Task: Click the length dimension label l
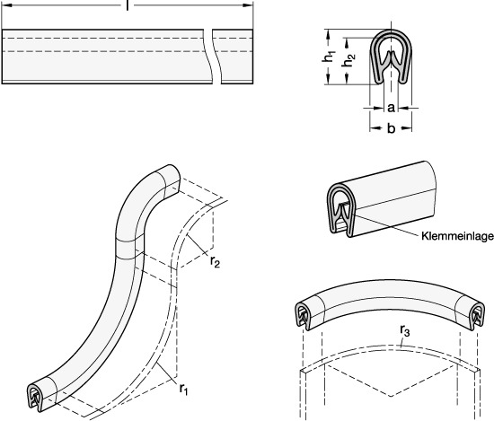(x=128, y=5)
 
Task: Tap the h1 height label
(x=328, y=57)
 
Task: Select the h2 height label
(x=348, y=60)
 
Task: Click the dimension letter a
(x=391, y=108)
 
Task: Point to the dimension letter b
(x=391, y=127)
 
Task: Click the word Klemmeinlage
(x=457, y=236)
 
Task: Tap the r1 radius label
(x=183, y=389)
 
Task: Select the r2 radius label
(x=215, y=262)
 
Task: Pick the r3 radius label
(x=405, y=330)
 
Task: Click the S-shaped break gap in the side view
(x=212, y=57)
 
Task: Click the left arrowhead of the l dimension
(x=7, y=5)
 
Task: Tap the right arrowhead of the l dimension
(x=248, y=5)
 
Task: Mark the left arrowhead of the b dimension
(x=375, y=127)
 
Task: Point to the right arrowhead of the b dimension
(x=408, y=127)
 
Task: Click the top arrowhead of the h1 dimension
(x=328, y=34)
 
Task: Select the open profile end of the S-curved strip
(x=35, y=398)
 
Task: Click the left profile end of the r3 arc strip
(x=303, y=316)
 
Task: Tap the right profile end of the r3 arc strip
(x=477, y=316)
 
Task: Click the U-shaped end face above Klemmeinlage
(x=342, y=210)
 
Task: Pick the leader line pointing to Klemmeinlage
(x=388, y=224)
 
